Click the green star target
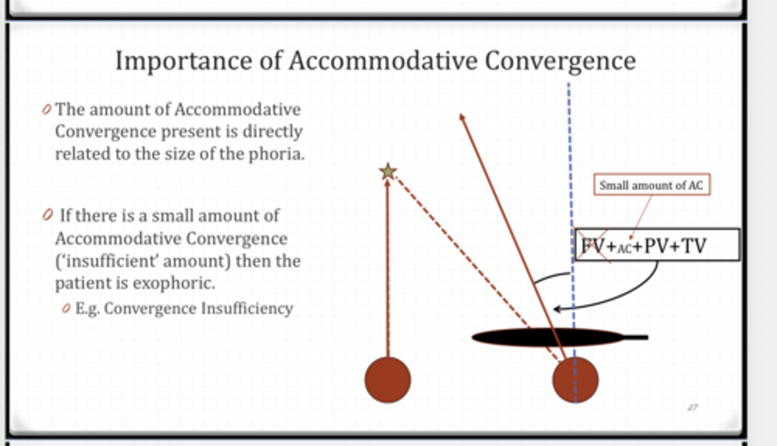[388, 172]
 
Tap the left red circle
[387, 380]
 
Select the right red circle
[575, 380]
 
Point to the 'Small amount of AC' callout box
[651, 185]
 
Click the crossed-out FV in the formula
[592, 246]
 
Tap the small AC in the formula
[624, 248]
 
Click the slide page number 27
[693, 408]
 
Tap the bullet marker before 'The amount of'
[46, 110]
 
